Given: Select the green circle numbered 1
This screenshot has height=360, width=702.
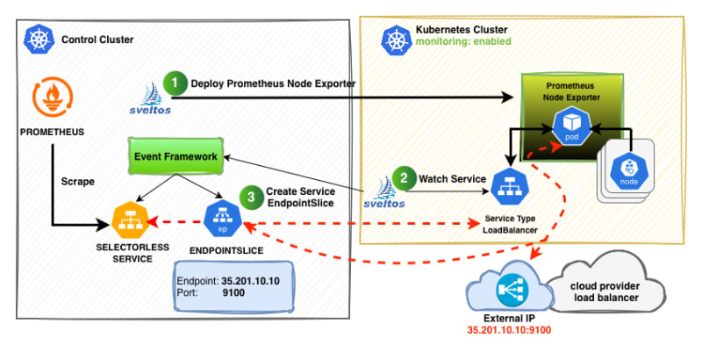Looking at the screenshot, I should [178, 83].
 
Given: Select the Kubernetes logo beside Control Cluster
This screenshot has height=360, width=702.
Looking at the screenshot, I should [39, 39].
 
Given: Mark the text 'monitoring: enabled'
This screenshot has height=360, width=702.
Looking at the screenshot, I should [462, 42].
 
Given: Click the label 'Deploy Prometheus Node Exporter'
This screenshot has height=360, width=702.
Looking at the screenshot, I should [273, 83].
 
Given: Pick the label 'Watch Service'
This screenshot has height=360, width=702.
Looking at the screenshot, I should [453, 178].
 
